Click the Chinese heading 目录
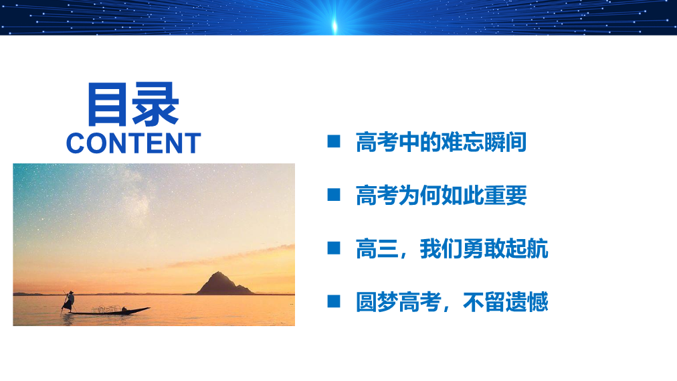pos(133,104)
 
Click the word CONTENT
pos(133,143)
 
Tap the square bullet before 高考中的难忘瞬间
pos(334,141)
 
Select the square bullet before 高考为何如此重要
pos(334,195)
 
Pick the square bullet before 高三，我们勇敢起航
pos(334,248)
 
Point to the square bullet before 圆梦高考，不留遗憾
pos(334,301)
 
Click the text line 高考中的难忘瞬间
pos(442,142)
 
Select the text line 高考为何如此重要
pos(442,196)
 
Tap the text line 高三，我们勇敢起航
pos(452,249)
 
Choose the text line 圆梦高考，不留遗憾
pos(452,302)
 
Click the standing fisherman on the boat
pos(69,301)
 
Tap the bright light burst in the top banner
pos(334,25)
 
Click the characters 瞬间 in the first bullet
pos(505,142)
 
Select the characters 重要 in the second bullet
pos(505,196)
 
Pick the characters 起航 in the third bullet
pos(526,249)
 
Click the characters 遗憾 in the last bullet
pos(526,302)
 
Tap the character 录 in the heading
pos(156,104)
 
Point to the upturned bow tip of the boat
pos(149,308)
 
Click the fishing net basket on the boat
pos(106,309)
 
